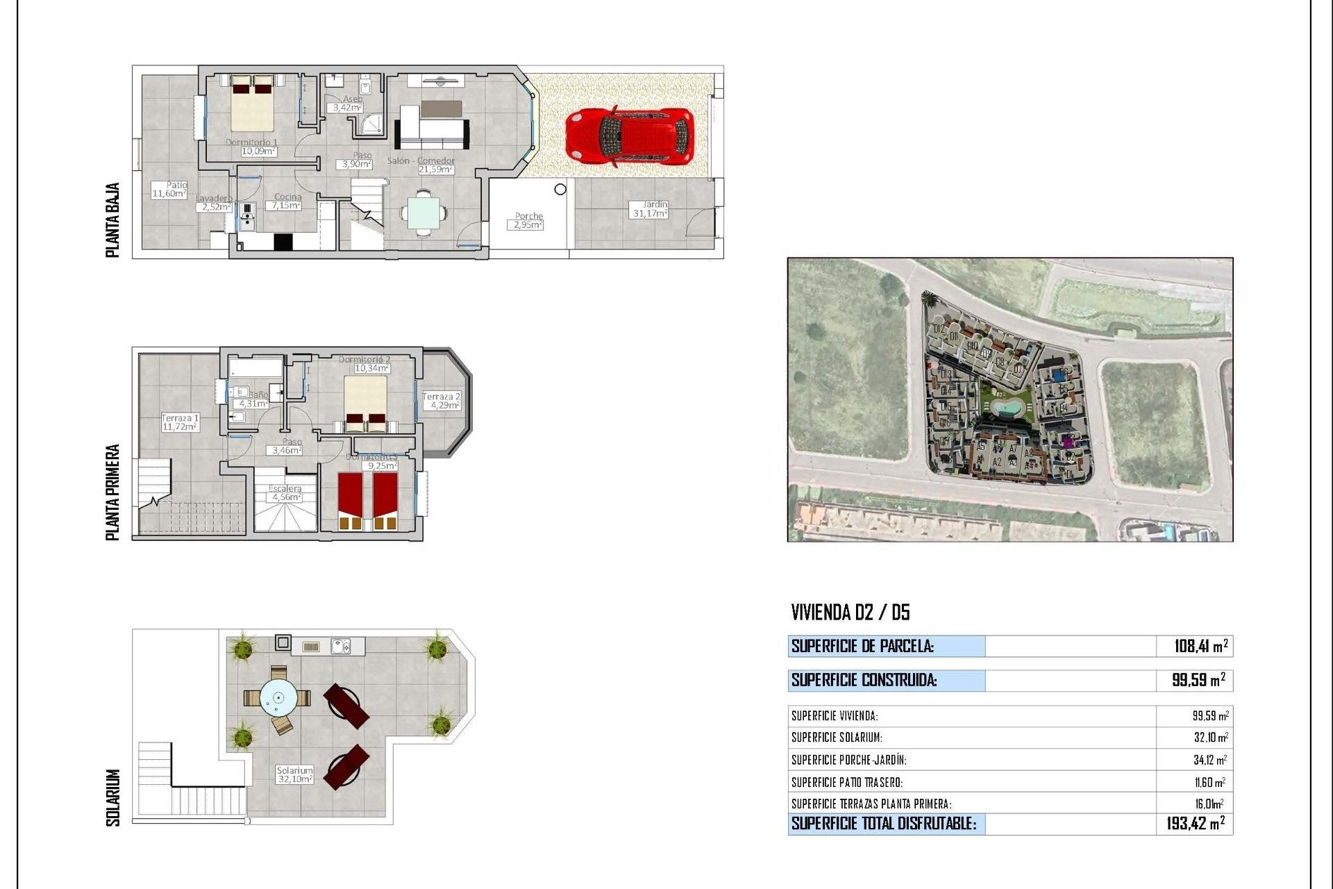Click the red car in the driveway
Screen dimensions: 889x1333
(x=629, y=136)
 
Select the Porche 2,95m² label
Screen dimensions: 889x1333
(x=528, y=221)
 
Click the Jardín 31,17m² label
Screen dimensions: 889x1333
(x=650, y=209)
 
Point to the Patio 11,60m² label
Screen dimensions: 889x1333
(x=169, y=189)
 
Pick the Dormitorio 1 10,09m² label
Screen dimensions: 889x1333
(x=251, y=147)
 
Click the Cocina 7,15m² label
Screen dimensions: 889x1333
(x=287, y=201)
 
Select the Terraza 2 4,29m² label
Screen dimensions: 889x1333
(x=442, y=401)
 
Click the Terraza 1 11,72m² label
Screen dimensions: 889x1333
(x=180, y=422)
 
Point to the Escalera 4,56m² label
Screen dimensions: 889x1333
(x=285, y=493)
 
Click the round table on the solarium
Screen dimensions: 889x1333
(x=278, y=697)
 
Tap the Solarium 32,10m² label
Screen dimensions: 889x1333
(x=294, y=774)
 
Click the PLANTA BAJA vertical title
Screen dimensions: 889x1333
(x=112, y=219)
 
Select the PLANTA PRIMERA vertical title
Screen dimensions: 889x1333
(x=112, y=492)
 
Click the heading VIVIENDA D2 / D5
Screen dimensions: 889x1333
(x=850, y=612)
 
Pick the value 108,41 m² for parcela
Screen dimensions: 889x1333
(x=1200, y=646)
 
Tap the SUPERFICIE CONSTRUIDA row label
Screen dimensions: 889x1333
(x=864, y=680)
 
